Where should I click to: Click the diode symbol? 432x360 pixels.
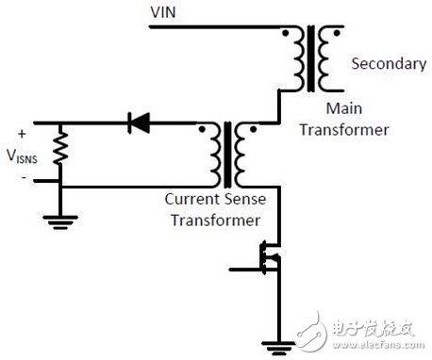click(x=140, y=122)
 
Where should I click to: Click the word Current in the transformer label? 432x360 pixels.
click(x=193, y=200)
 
